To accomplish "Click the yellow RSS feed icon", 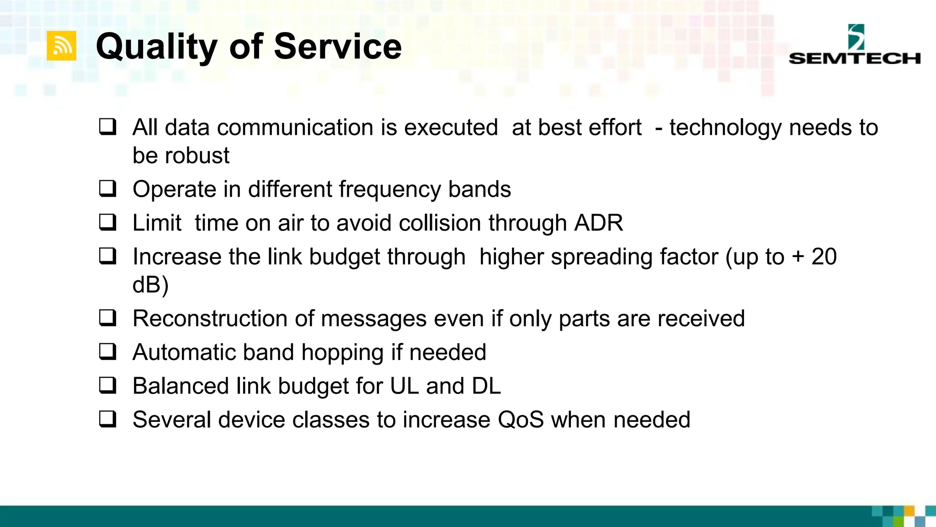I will coord(61,46).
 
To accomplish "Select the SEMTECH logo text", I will coord(854,58).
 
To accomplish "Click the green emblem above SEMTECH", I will coord(856,37).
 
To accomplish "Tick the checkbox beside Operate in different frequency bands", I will coord(108,188).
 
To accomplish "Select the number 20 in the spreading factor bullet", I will coord(824,257).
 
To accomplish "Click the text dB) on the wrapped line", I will coord(150,285).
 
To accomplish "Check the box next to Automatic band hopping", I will coord(108,351).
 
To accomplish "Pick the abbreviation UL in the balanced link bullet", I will coord(404,386).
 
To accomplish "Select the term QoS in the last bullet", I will coord(521,420).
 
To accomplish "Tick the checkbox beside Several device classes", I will coord(108,419).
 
